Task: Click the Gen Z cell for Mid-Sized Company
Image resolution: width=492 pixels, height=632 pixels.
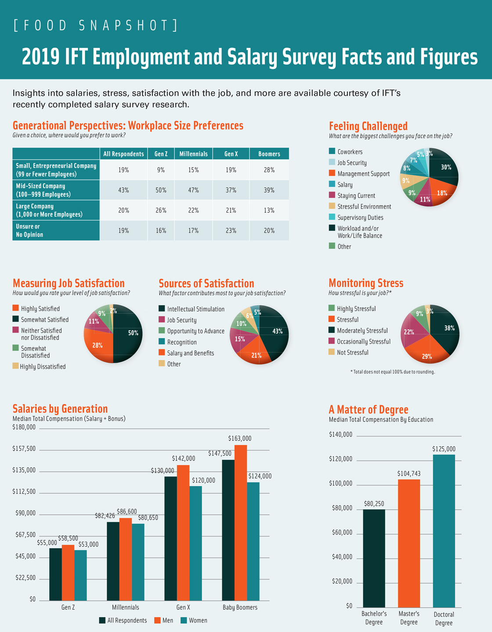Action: click(161, 190)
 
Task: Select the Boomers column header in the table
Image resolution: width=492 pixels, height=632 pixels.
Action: click(269, 154)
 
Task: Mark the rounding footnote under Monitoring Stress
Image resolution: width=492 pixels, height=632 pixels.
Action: click(392, 372)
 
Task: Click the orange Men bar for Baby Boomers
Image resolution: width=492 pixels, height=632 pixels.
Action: click(241, 523)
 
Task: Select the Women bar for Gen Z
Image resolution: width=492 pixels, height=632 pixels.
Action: click(80, 575)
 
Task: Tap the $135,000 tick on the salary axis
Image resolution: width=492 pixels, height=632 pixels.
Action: click(24, 470)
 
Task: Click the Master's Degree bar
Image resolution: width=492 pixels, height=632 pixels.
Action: click(409, 543)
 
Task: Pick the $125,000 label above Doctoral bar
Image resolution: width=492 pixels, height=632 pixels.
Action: click(444, 449)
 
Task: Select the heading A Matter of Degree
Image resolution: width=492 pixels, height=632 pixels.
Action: click(368, 410)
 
